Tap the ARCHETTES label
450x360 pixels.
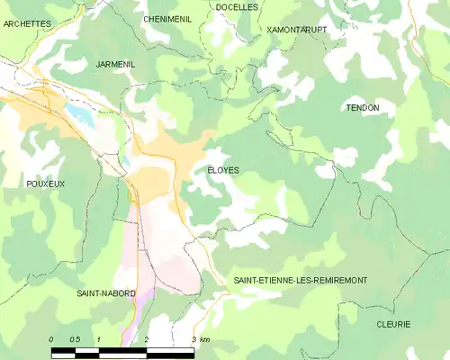coord(26,24)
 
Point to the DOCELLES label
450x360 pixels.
coord(237,6)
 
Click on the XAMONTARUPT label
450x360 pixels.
coord(297,30)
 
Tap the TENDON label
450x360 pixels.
coord(363,108)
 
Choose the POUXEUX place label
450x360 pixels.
coord(46,183)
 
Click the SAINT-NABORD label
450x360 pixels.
coord(106,293)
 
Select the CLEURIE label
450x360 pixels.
coord(393,323)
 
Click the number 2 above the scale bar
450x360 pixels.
coord(147,338)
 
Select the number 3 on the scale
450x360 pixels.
coord(193,338)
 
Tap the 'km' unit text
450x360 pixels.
coord(205,338)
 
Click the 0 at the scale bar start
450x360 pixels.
coord(51,338)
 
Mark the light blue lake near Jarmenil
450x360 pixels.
coord(77,114)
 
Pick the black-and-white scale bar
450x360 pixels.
coord(122,348)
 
